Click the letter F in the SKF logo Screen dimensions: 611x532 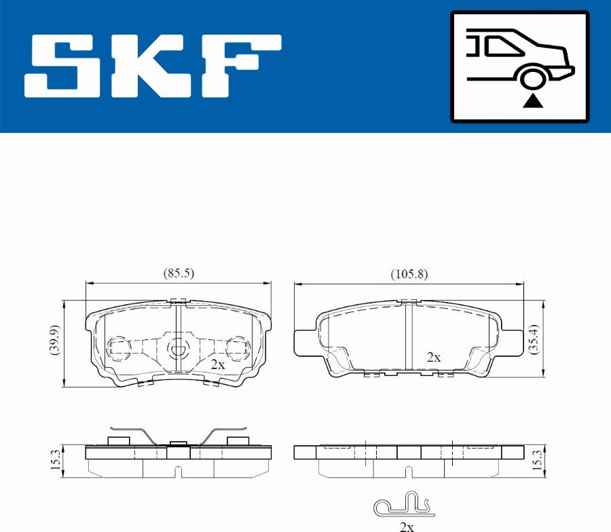tap(242, 66)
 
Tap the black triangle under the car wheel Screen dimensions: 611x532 tap(532, 101)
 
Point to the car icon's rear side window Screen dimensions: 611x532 tap(502, 45)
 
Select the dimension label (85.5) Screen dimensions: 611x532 tap(179, 273)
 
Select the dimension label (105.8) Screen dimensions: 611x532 tap(409, 274)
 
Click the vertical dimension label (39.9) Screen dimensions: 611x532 tap(55, 339)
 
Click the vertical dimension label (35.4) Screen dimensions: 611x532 tap(534, 339)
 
